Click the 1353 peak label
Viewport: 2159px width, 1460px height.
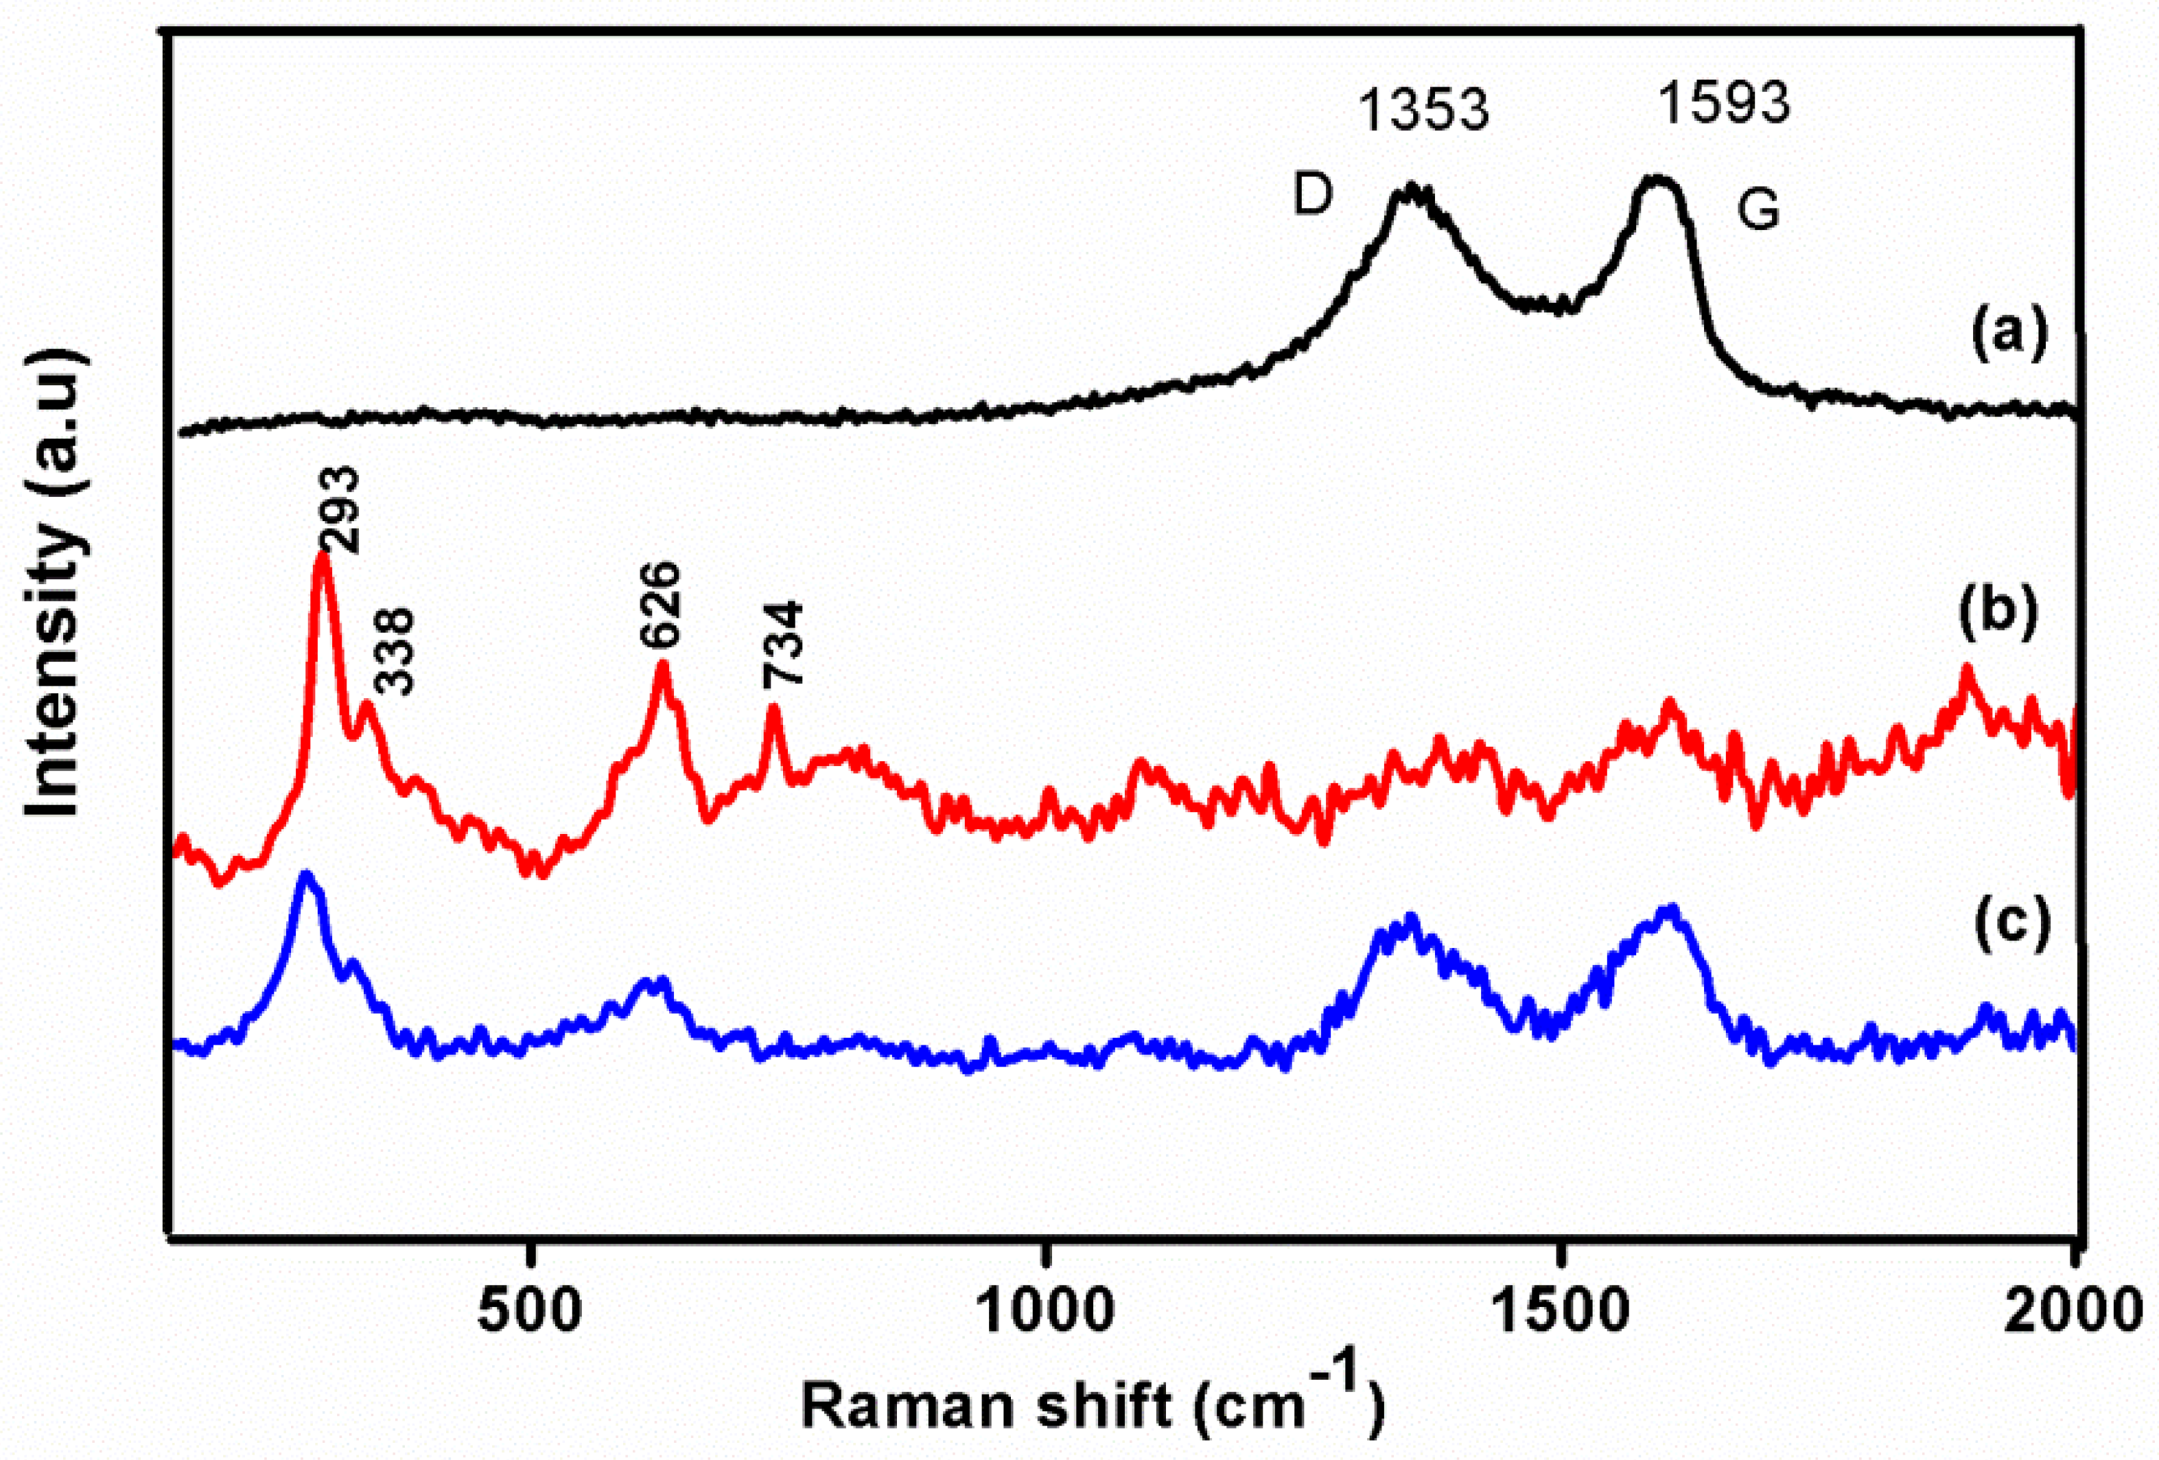pos(1423,111)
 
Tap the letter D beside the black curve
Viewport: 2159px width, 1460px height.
pos(1314,195)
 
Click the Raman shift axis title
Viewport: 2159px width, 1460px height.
pos(1093,1406)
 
